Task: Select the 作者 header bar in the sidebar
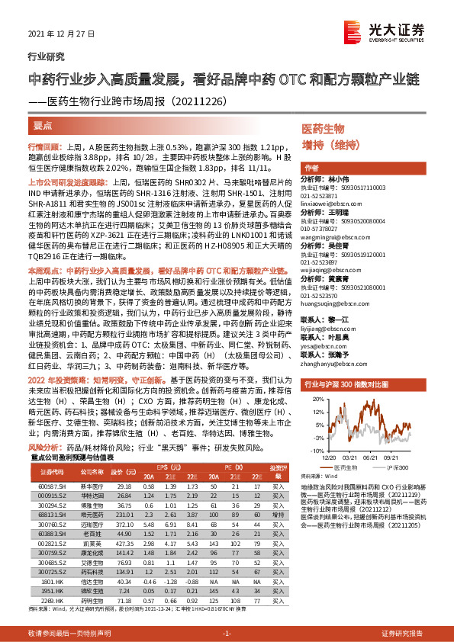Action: point(311,167)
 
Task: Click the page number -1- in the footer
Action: point(226,634)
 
